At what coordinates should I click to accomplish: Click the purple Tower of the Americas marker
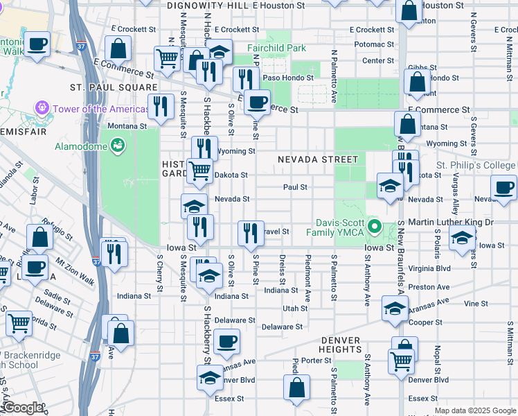(x=43, y=109)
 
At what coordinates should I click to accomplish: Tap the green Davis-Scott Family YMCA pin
(x=375, y=226)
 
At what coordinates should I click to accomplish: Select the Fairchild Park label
(x=276, y=49)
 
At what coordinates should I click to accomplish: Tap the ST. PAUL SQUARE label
(x=114, y=87)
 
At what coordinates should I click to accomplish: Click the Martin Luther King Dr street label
(x=450, y=222)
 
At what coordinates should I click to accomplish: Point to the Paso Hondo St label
(x=274, y=78)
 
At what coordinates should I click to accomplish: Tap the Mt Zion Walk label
(x=75, y=268)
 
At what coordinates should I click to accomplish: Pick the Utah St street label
(x=294, y=309)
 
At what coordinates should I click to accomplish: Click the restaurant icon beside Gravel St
(x=250, y=233)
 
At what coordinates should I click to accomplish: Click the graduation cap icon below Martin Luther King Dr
(x=462, y=239)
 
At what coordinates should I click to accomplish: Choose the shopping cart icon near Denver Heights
(x=401, y=361)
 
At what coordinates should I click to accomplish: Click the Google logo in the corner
(x=22, y=408)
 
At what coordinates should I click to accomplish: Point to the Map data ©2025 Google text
(x=475, y=410)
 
